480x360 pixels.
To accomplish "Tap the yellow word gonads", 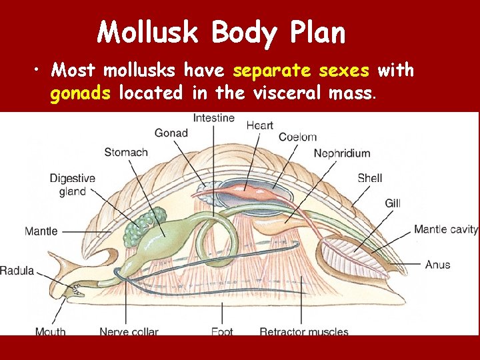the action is tap(81, 93).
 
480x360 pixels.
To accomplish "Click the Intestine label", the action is tap(213, 118).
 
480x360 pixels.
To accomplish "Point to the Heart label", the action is tap(259, 125).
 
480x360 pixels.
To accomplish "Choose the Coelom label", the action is tap(297, 137).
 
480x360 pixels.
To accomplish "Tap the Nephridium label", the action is tap(341, 153).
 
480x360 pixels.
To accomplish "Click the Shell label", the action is tap(369, 178).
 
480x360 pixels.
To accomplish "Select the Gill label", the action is tap(393, 203).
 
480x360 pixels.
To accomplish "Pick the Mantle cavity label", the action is tap(445, 229).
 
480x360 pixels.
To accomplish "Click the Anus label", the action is tap(437, 265).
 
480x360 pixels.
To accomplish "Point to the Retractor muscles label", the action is tap(303, 331).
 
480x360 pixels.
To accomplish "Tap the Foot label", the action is tap(221, 331).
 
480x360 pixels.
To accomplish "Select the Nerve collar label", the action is tap(128, 331).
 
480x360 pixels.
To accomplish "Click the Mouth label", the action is tap(51, 331).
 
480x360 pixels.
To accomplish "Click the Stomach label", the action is tap(126, 153).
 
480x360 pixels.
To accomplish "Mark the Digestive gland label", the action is tap(73, 185).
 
